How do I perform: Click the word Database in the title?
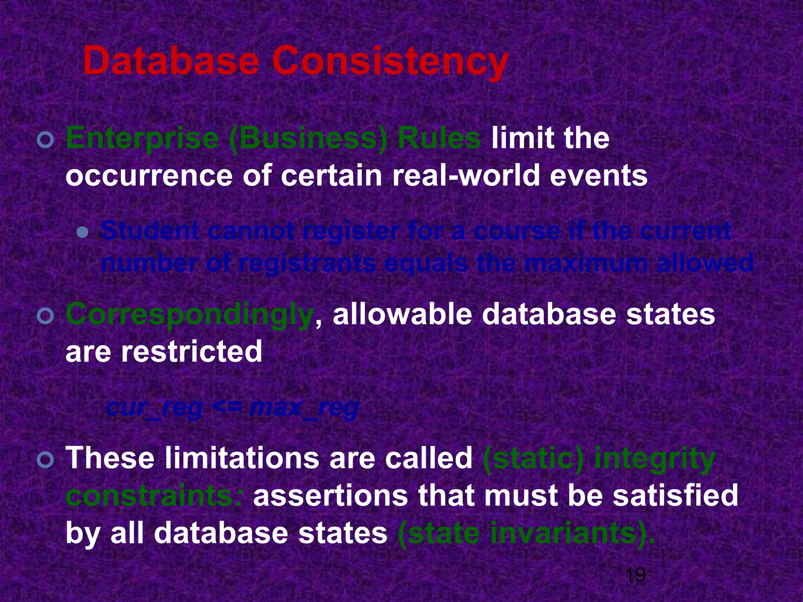tap(171, 62)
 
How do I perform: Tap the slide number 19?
tap(635, 575)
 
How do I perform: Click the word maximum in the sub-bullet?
tap(586, 263)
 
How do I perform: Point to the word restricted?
tap(191, 351)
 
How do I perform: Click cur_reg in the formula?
tap(154, 408)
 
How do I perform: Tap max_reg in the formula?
tap(304, 408)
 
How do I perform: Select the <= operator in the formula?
tap(226, 408)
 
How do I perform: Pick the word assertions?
tap(331, 495)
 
